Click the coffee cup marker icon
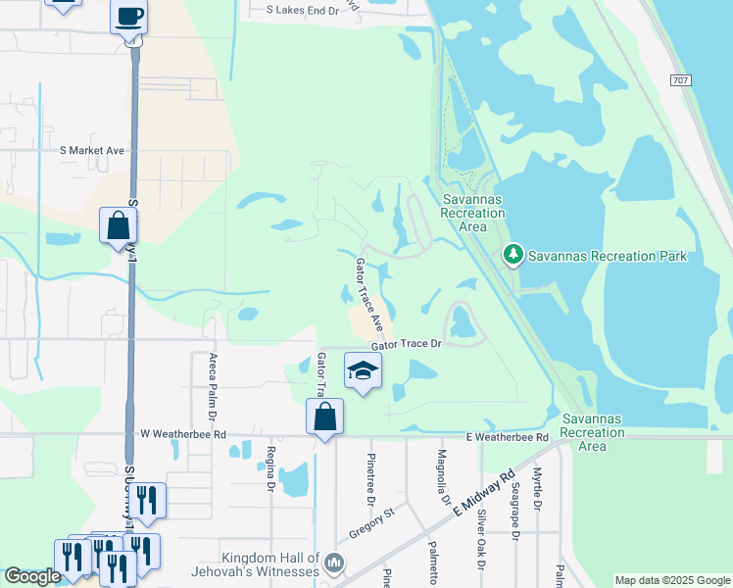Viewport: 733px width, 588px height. click(129, 17)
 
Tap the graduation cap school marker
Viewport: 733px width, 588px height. click(363, 370)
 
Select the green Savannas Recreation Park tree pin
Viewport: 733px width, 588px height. click(513, 256)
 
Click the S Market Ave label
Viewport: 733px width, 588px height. click(92, 151)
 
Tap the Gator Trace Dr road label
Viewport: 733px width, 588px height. click(407, 345)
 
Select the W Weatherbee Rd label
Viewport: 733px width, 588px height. click(183, 433)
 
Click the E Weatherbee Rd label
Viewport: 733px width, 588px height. click(507, 436)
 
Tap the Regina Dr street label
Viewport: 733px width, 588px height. click(270, 467)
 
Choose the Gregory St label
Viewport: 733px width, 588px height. click(370, 523)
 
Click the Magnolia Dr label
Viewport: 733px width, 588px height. click(443, 477)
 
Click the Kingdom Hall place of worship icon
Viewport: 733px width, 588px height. click(334, 563)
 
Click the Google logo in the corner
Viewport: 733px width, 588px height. click(32, 577)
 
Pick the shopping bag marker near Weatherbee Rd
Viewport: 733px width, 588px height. click(324, 416)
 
